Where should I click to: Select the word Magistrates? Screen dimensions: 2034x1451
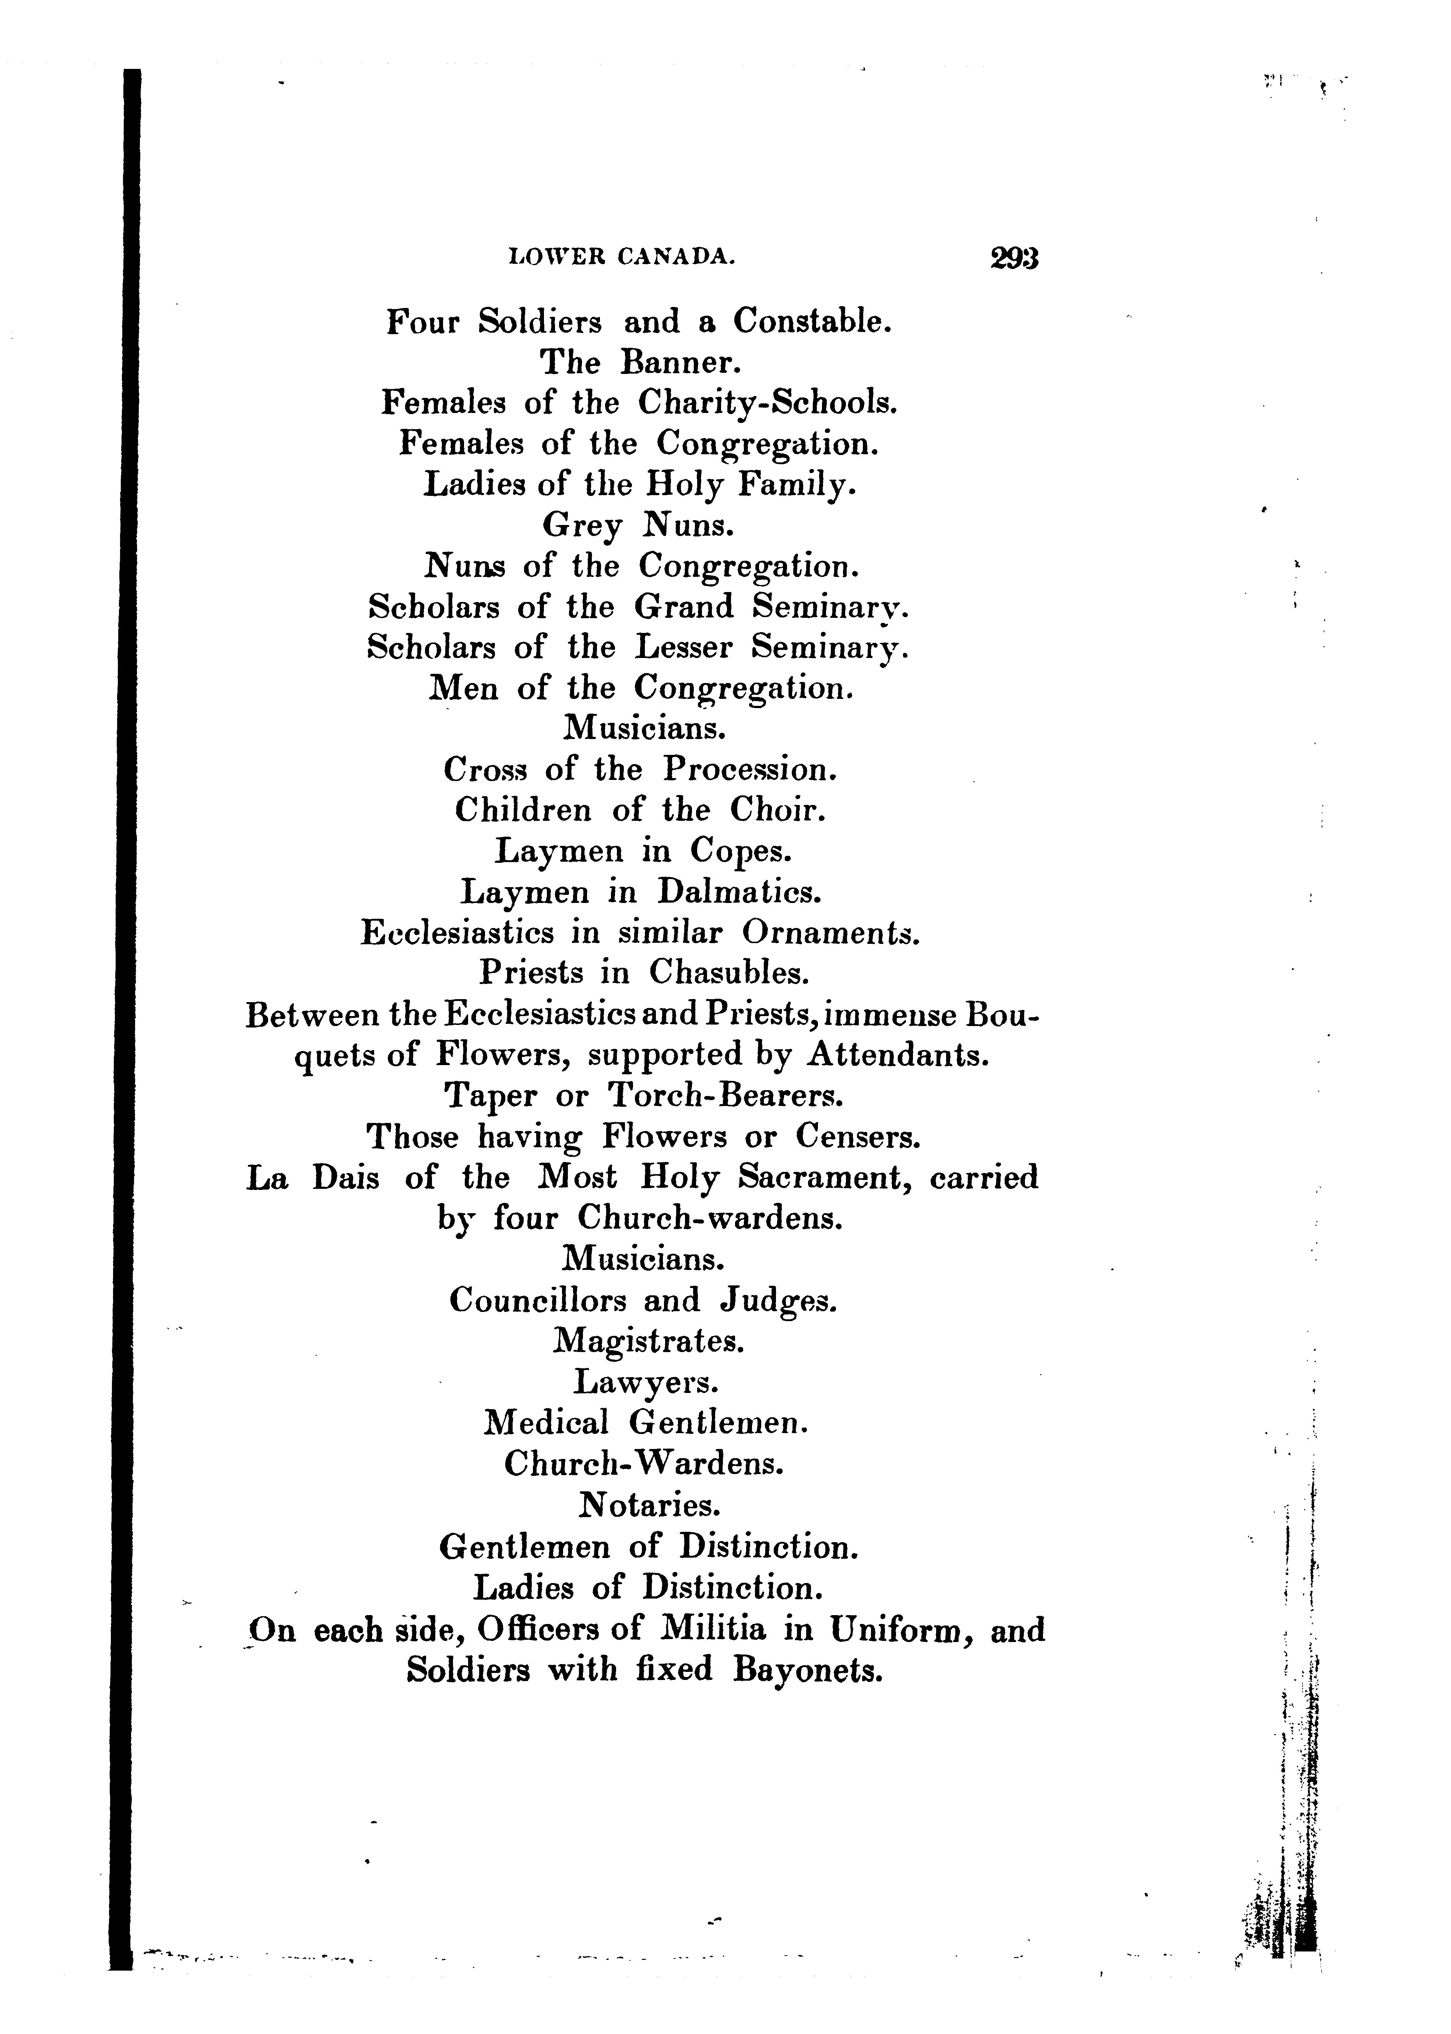coord(649,1342)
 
